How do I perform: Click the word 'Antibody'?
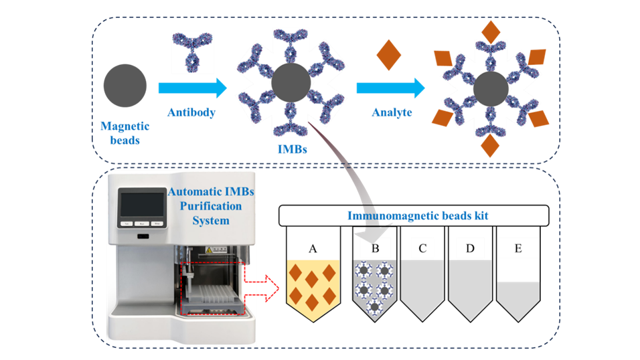point(191,112)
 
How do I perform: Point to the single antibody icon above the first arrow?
point(193,52)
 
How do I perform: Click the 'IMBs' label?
point(291,149)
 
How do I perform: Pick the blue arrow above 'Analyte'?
point(390,87)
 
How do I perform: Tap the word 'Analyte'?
point(392,112)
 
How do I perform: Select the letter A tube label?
point(311,248)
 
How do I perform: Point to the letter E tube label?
point(518,248)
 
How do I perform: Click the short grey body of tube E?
point(518,300)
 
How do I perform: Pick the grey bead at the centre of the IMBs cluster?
point(291,83)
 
